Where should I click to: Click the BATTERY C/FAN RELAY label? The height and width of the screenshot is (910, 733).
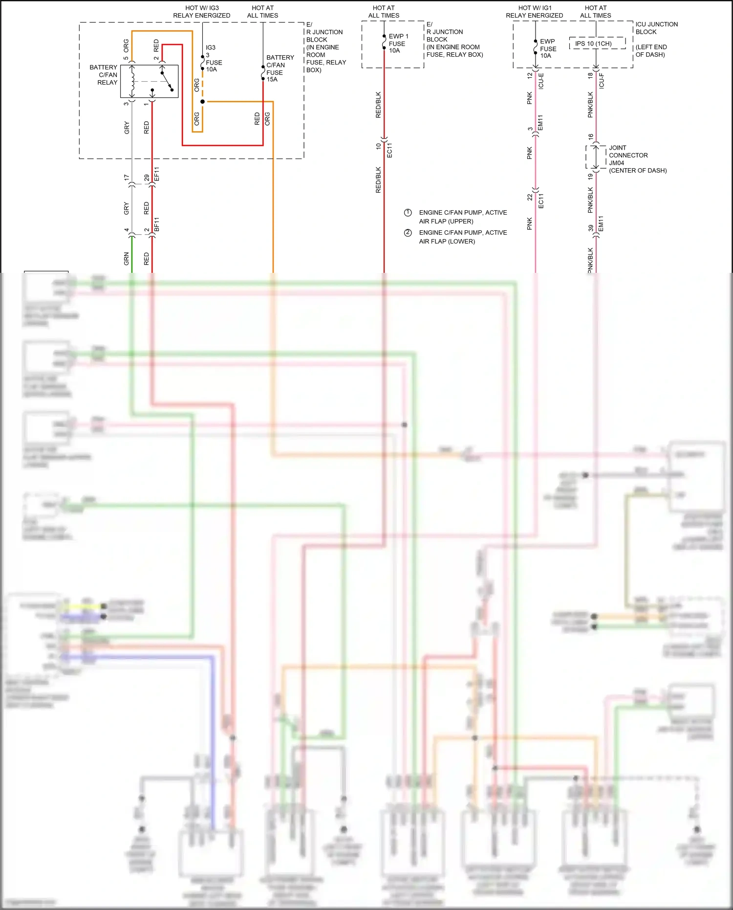(x=104, y=75)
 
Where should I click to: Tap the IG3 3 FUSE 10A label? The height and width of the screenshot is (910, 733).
(x=214, y=59)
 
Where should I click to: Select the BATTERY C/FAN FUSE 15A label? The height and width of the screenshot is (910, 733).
(x=280, y=68)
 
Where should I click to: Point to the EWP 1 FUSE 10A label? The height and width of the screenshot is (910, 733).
(x=398, y=44)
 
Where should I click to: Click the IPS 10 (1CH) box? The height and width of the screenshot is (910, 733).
(x=597, y=44)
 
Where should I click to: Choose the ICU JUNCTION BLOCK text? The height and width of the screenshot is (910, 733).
(x=656, y=28)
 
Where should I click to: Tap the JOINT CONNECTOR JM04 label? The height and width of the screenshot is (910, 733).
(x=628, y=155)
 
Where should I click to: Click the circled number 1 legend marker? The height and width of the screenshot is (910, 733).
(x=408, y=213)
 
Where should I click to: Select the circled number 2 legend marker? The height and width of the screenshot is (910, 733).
(x=408, y=233)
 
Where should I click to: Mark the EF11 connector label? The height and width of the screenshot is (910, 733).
(x=157, y=174)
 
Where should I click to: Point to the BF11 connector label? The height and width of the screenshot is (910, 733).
(x=157, y=224)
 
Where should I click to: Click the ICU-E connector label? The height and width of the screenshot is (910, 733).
(x=541, y=81)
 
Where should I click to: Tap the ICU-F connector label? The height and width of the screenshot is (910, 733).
(x=602, y=81)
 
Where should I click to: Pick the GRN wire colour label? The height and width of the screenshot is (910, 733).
(x=127, y=259)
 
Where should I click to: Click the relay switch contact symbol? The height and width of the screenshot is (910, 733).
(x=167, y=81)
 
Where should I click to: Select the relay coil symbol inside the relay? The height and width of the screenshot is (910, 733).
(x=132, y=81)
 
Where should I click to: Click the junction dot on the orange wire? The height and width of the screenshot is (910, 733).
(x=202, y=102)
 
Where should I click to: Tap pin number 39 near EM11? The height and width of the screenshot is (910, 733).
(x=591, y=228)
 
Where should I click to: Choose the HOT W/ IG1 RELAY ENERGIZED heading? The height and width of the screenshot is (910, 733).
(x=534, y=12)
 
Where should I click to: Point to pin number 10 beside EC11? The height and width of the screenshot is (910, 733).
(x=378, y=146)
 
